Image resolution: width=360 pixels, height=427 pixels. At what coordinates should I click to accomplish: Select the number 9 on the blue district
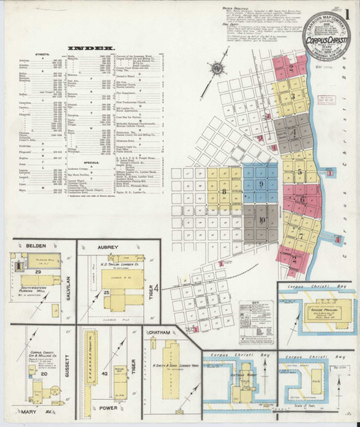(x=261, y=185)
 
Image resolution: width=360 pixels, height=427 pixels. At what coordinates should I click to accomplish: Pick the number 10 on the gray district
(x=263, y=220)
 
